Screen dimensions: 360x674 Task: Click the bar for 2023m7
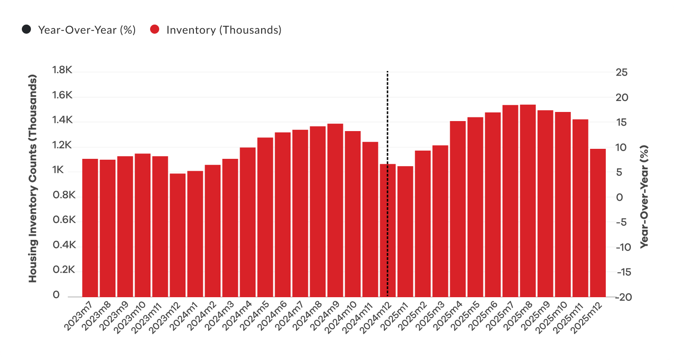[90, 228]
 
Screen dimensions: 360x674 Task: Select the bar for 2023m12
[177, 235]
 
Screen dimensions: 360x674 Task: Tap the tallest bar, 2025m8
[528, 201]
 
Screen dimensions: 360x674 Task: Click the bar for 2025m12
[598, 223]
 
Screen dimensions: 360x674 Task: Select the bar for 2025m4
[458, 209]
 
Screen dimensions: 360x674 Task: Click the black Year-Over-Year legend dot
[26, 30]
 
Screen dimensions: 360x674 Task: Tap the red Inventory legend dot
[155, 30]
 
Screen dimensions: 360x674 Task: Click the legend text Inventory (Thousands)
[224, 30]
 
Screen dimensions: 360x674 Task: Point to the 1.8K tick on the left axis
[62, 71]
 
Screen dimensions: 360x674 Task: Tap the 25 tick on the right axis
[622, 73]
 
